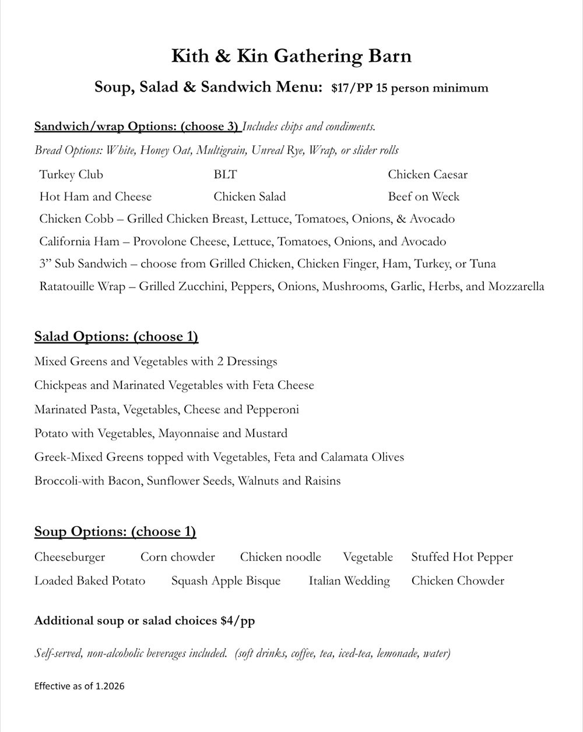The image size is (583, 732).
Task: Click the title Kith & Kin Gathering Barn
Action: pyautogui.click(x=291, y=56)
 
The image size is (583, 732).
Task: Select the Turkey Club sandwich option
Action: pyautogui.click(x=71, y=174)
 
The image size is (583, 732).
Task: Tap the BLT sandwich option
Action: pyautogui.click(x=225, y=174)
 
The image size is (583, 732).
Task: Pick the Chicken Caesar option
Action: pyautogui.click(x=427, y=174)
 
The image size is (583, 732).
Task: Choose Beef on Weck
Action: pyautogui.click(x=423, y=197)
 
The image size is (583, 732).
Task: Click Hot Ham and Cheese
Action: pyautogui.click(x=95, y=197)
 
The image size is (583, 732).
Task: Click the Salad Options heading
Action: pyautogui.click(x=116, y=337)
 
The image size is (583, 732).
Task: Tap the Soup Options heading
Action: pyautogui.click(x=115, y=531)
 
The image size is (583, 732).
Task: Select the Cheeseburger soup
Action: pyautogui.click(x=69, y=557)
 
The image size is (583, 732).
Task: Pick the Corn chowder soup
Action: pyautogui.click(x=177, y=557)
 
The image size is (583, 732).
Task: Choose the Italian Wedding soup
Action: pyautogui.click(x=349, y=581)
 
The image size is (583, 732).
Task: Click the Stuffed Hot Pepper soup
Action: pyautogui.click(x=462, y=557)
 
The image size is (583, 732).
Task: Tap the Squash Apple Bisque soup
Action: pyautogui.click(x=226, y=581)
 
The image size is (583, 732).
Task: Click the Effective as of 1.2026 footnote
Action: pyautogui.click(x=79, y=686)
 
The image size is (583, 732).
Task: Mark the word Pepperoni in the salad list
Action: pyautogui.click(x=272, y=409)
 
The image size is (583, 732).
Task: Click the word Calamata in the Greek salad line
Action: pyautogui.click(x=327, y=457)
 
